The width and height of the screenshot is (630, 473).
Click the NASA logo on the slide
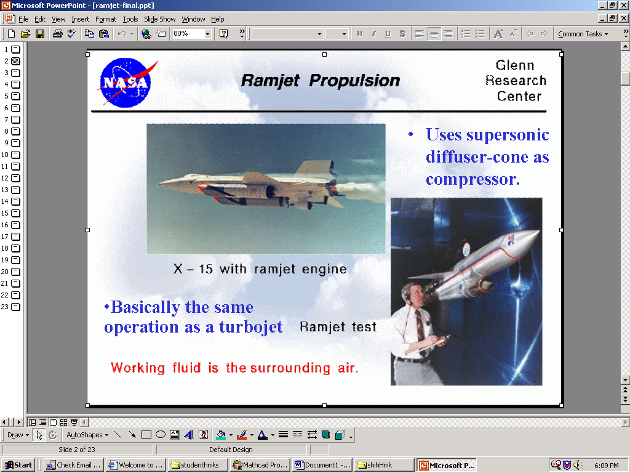pyautogui.click(x=127, y=83)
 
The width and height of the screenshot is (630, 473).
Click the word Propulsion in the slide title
pyautogui.click(x=354, y=81)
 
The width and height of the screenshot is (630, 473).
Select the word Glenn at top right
pyautogui.click(x=515, y=65)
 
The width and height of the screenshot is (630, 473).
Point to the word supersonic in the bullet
pyautogui.click(x=508, y=135)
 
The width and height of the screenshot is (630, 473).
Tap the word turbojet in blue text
pyautogui.click(x=251, y=327)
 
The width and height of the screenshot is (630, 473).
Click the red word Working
pyautogui.click(x=138, y=368)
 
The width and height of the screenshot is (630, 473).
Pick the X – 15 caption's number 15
pyautogui.click(x=205, y=269)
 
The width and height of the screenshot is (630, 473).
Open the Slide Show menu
pyautogui.click(x=159, y=19)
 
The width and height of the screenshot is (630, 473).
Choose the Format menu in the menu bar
pyautogui.click(x=106, y=19)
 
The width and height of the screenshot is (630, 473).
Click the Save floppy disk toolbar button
pyautogui.click(x=40, y=34)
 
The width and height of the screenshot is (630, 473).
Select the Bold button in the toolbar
pyautogui.click(x=359, y=34)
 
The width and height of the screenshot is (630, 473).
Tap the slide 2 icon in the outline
pyautogui.click(x=15, y=61)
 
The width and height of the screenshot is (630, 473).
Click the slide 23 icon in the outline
pyautogui.click(x=15, y=307)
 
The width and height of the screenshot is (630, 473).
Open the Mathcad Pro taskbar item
pyautogui.click(x=260, y=465)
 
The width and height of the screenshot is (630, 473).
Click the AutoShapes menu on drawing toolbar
pyautogui.click(x=87, y=435)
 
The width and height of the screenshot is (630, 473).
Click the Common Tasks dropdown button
pyautogui.click(x=583, y=34)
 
